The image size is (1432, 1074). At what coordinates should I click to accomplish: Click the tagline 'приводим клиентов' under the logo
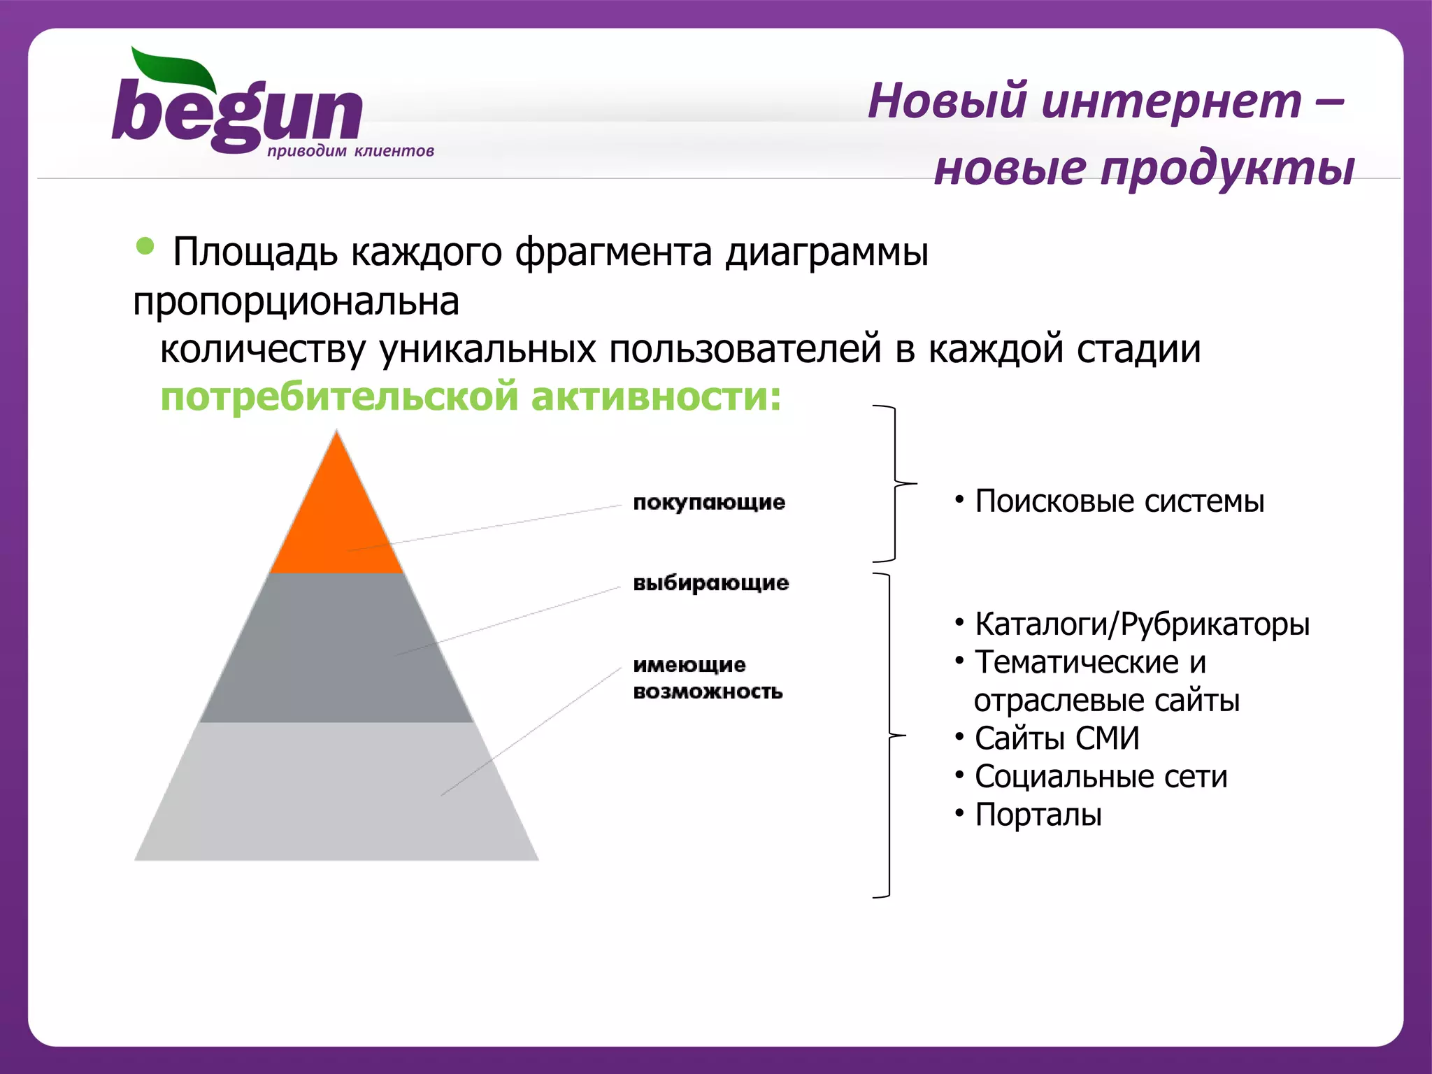click(350, 151)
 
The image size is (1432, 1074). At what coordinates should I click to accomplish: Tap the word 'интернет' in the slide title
click(1171, 101)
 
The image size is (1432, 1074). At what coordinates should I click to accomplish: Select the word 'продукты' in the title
click(1228, 169)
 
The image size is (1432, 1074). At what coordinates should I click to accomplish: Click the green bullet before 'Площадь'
click(145, 246)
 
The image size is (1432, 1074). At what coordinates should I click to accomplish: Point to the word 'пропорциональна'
click(296, 302)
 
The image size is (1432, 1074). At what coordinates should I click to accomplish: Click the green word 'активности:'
click(656, 397)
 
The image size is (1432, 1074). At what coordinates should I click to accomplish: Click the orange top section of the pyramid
click(336, 517)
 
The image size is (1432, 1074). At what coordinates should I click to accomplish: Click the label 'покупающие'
click(709, 503)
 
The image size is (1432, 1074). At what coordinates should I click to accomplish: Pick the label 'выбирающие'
click(710, 583)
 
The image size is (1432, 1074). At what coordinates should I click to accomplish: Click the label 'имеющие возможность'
click(707, 678)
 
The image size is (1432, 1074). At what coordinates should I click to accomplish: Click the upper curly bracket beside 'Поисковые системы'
click(896, 483)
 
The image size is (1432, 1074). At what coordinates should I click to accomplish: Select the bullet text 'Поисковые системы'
click(1119, 502)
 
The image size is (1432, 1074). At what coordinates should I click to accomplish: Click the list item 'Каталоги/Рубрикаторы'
click(1142, 624)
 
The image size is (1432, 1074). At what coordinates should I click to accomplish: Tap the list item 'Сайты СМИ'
click(1057, 739)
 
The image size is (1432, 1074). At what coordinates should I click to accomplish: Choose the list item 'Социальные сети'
click(1101, 777)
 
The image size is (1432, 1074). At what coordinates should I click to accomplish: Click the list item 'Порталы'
click(1038, 815)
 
